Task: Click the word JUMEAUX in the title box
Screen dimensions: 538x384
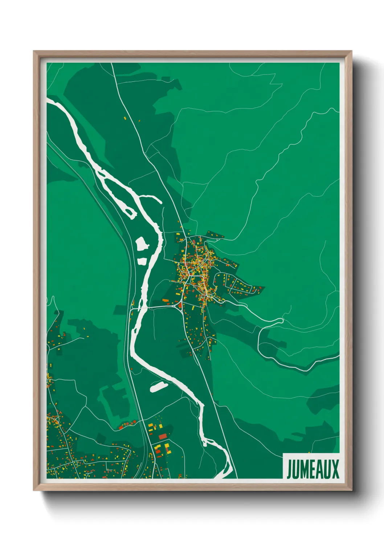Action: point(313,469)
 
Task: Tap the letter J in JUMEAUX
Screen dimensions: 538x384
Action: point(289,469)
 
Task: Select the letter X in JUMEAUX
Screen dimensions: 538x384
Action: point(335,469)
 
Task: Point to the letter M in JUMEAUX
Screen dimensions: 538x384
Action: point(305,469)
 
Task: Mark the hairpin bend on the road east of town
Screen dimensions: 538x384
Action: point(281,320)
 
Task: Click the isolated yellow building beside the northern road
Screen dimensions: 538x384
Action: point(125,118)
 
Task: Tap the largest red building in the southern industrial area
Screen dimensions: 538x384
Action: point(163,436)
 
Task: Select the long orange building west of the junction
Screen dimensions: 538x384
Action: point(166,300)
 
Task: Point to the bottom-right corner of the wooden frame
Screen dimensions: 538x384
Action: point(351,490)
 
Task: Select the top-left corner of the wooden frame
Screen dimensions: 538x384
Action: point(34,51)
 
